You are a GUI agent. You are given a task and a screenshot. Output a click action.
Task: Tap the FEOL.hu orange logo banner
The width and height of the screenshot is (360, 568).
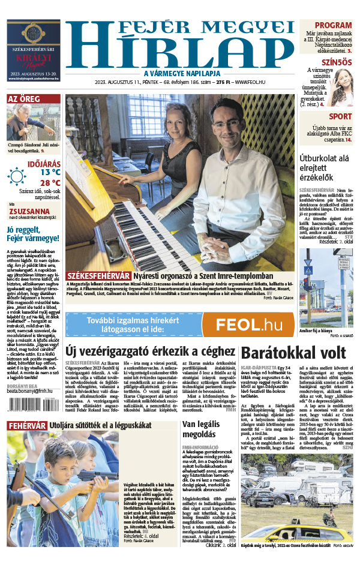click(248, 324)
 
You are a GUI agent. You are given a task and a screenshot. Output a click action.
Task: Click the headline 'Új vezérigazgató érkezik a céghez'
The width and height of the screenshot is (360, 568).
click(149, 351)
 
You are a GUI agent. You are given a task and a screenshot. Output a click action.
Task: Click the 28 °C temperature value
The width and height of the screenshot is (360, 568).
click(51, 182)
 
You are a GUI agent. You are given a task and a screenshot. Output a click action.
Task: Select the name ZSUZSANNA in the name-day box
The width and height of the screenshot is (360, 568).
click(29, 211)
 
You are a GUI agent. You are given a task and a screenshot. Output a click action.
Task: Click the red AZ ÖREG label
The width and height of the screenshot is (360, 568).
click(24, 99)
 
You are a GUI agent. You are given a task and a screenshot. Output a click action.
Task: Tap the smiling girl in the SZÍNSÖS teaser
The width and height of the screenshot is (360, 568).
click(341, 83)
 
